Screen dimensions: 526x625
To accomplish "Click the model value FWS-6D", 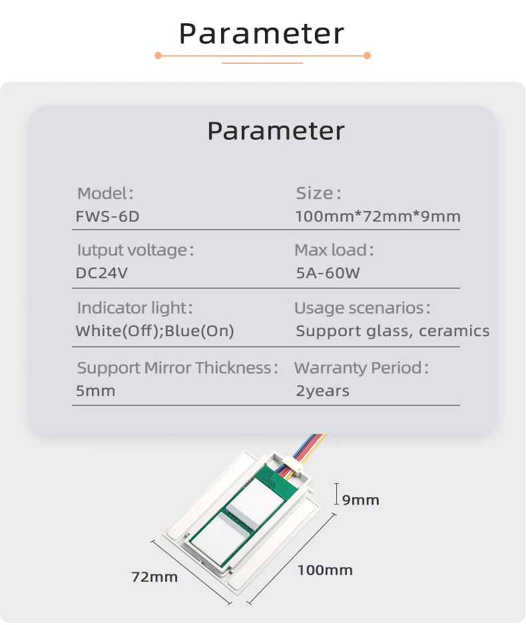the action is click(107, 216).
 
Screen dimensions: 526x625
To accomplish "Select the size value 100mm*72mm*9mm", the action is click(378, 216).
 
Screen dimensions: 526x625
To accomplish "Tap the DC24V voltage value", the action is click(102, 273).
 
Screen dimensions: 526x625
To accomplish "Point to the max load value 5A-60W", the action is click(328, 273).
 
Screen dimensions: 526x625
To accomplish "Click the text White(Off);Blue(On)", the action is click(154, 331).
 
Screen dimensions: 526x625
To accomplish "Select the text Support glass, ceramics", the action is click(392, 331).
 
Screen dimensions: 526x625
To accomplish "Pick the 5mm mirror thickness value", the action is click(96, 391).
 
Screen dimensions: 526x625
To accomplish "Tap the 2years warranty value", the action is click(323, 391).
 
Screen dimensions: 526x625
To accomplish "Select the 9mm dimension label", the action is click(360, 500).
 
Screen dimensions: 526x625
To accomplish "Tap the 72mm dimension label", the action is click(154, 577).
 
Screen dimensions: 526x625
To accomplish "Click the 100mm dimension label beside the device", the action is click(325, 570).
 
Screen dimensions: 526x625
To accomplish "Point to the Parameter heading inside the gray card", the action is click(276, 130).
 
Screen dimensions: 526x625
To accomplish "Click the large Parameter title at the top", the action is click(262, 33).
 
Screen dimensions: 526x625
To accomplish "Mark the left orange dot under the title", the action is click(158, 55).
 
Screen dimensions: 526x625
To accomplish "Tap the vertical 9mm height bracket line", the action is click(337, 494).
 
